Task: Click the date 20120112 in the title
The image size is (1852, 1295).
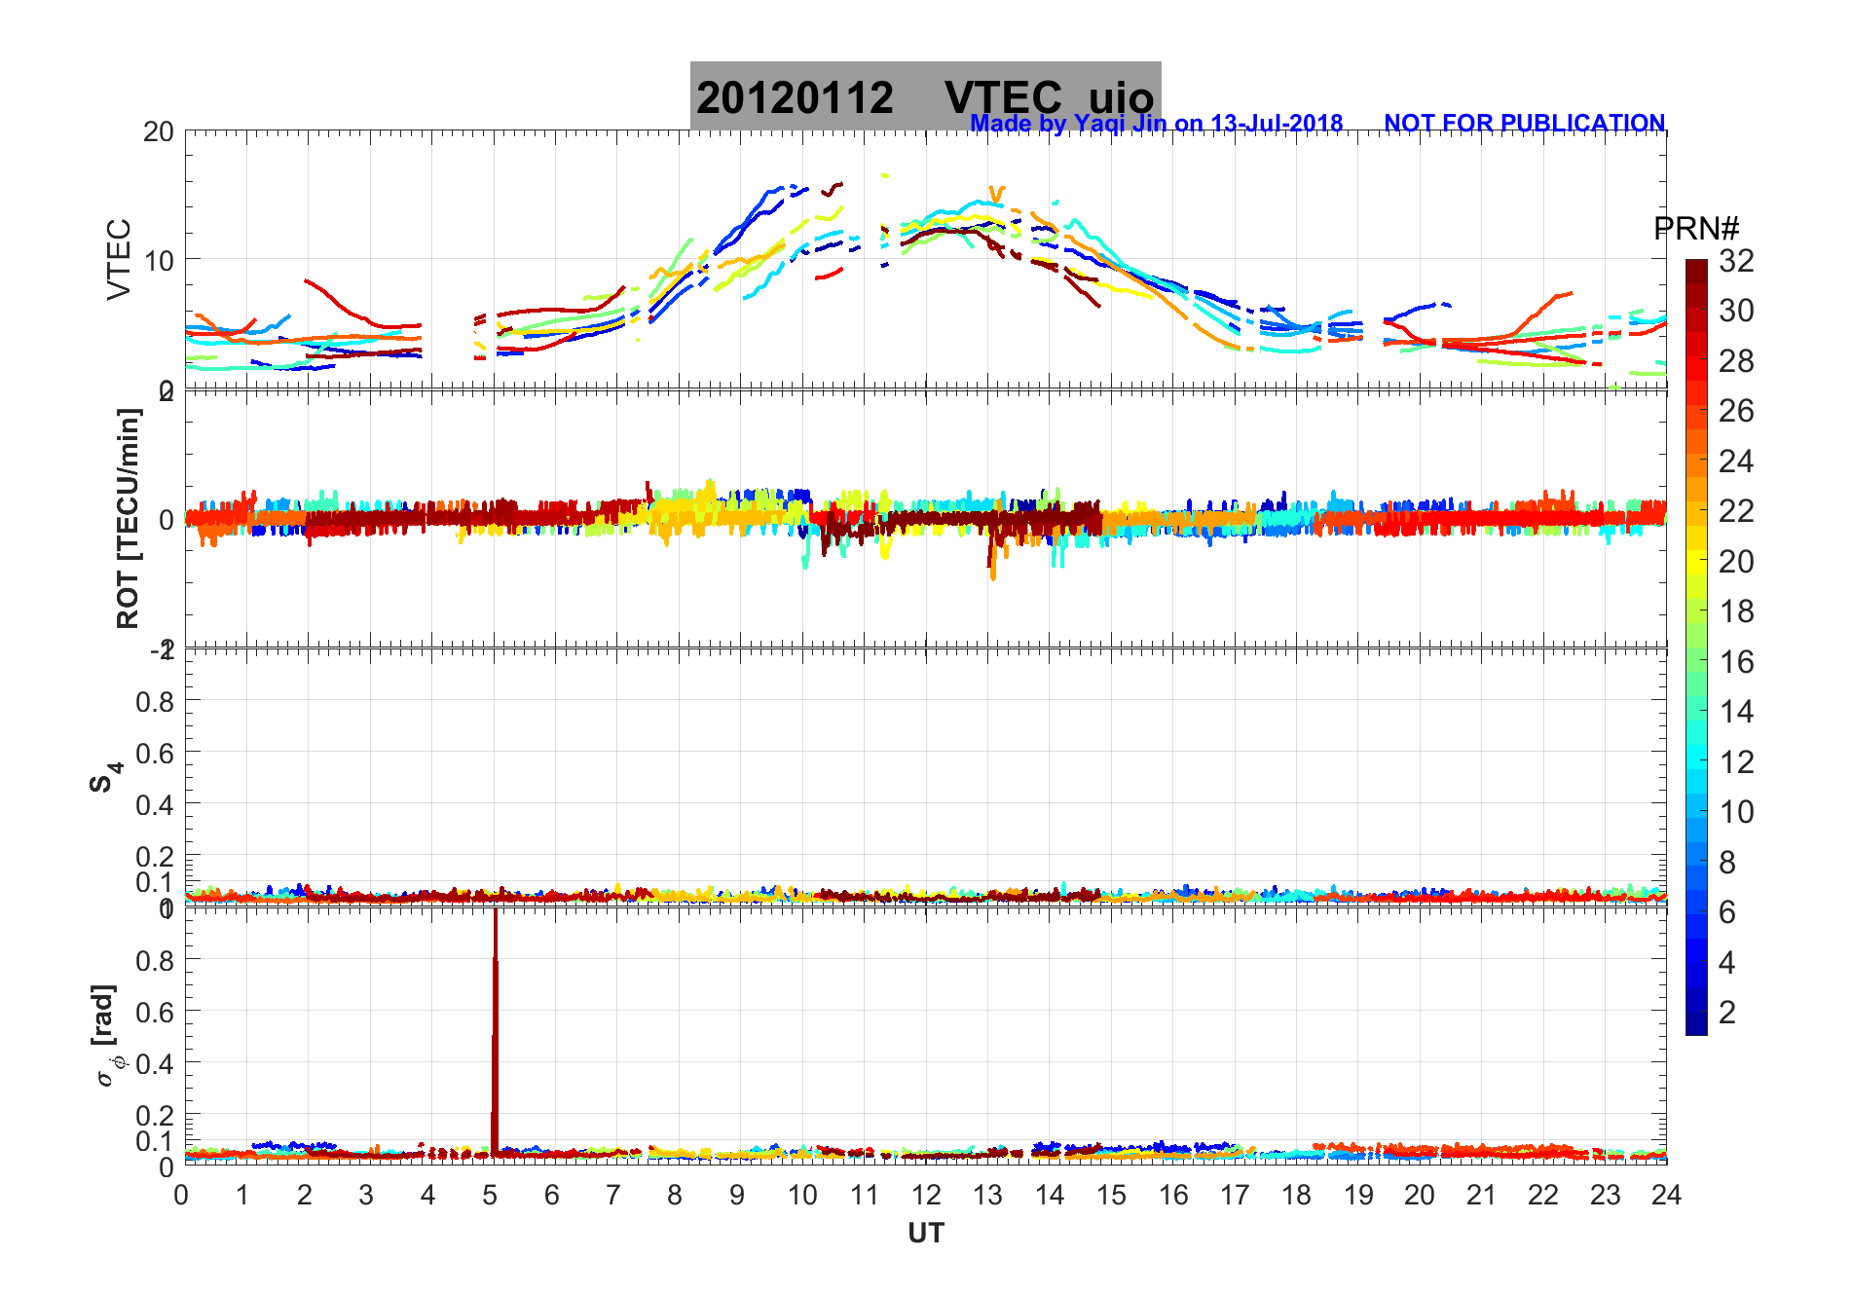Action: pyautogui.click(x=795, y=98)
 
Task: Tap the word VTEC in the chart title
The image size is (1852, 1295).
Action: pyautogui.click(x=1003, y=98)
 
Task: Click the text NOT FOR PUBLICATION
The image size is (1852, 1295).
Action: pyautogui.click(x=1524, y=124)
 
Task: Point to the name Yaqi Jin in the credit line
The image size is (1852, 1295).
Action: pyautogui.click(x=1119, y=124)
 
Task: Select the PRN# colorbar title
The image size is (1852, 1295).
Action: pyautogui.click(x=1696, y=229)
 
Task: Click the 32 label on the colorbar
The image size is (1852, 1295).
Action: pyautogui.click(x=1736, y=261)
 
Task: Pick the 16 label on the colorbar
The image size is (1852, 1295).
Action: pyautogui.click(x=1736, y=662)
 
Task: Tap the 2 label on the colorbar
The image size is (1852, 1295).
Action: pyautogui.click(x=1727, y=1013)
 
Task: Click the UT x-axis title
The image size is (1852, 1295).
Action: pyautogui.click(x=926, y=1234)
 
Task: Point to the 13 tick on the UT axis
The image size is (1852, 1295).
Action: pyautogui.click(x=987, y=1196)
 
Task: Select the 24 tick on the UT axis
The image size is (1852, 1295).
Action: pyautogui.click(x=1666, y=1196)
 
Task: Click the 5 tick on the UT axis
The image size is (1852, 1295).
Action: pyautogui.click(x=490, y=1196)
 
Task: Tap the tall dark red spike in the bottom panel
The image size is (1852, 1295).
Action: pyautogui.click(x=495, y=1032)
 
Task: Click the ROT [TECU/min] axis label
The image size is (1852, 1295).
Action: pyautogui.click(x=128, y=519)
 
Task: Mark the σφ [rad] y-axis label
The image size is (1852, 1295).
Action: pyautogui.click(x=105, y=1036)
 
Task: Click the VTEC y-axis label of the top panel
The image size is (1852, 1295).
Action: pyautogui.click(x=118, y=260)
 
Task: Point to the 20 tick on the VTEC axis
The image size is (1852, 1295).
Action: pyautogui.click(x=159, y=132)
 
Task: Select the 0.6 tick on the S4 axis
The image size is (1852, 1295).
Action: pyautogui.click(x=154, y=753)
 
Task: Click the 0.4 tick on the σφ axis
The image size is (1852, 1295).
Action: pyautogui.click(x=154, y=1063)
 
